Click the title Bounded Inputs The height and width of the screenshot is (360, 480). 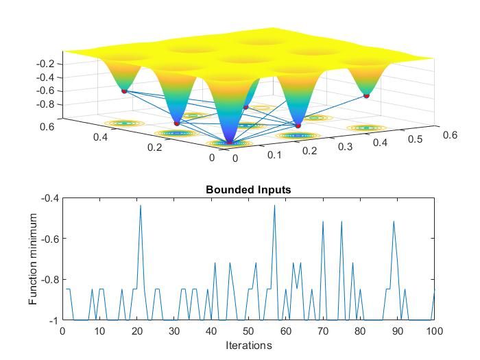click(248, 190)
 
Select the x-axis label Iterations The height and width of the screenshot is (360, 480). click(248, 345)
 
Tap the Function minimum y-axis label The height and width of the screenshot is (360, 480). click(33, 259)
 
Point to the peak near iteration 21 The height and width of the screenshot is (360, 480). click(141, 206)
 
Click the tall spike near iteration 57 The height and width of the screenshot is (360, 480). click(274, 205)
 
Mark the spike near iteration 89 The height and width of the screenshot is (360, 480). click(394, 221)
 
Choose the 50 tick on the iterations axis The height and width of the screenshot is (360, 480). click(248, 331)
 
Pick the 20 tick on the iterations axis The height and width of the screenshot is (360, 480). click(136, 331)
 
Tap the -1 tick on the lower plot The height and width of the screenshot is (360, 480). click(53, 320)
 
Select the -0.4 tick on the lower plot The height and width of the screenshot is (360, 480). click(50, 198)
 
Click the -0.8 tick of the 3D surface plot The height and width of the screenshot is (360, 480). click(45, 104)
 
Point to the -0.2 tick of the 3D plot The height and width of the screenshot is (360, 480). click(45, 64)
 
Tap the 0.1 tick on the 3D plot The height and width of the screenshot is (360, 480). click(275, 155)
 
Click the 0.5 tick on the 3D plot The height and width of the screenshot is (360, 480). click(411, 139)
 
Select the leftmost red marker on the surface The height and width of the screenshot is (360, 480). click(124, 91)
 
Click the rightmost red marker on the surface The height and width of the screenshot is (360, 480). click(366, 96)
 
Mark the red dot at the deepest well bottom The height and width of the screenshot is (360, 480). click(230, 142)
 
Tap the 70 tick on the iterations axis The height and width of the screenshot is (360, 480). click(322, 331)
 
